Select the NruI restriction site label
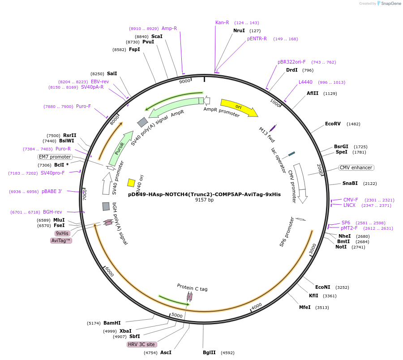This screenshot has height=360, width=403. tap(239, 30)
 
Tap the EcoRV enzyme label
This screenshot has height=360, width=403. tap(333, 124)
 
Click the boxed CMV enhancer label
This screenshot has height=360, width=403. tap(356, 167)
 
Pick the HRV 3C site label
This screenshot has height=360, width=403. tap(141, 344)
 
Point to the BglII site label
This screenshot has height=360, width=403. tap(209, 353)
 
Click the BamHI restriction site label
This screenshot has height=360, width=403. tap(112, 323)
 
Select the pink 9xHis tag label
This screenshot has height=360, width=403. tap(62, 233)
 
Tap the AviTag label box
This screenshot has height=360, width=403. tap(61, 240)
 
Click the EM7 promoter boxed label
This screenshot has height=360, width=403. tap(55, 157)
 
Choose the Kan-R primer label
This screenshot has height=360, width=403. tap(222, 22)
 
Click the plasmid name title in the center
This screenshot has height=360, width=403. tap(204, 194)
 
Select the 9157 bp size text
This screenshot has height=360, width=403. tap(204, 200)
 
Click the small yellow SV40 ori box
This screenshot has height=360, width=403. tap(131, 183)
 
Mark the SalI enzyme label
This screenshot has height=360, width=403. tap(112, 74)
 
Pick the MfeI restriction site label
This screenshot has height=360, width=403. tap(304, 308)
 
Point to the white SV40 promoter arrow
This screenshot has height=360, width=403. tap(107, 183)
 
